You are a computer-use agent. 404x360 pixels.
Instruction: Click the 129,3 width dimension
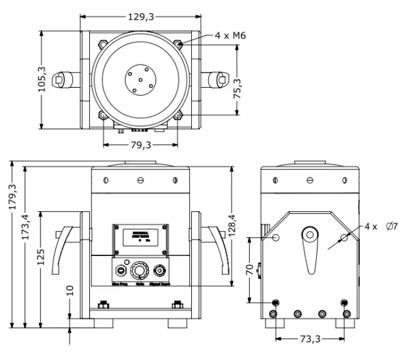coord(141,18)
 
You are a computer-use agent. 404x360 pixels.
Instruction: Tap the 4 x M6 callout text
coord(231,36)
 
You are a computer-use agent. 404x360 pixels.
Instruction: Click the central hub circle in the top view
coord(141,80)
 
